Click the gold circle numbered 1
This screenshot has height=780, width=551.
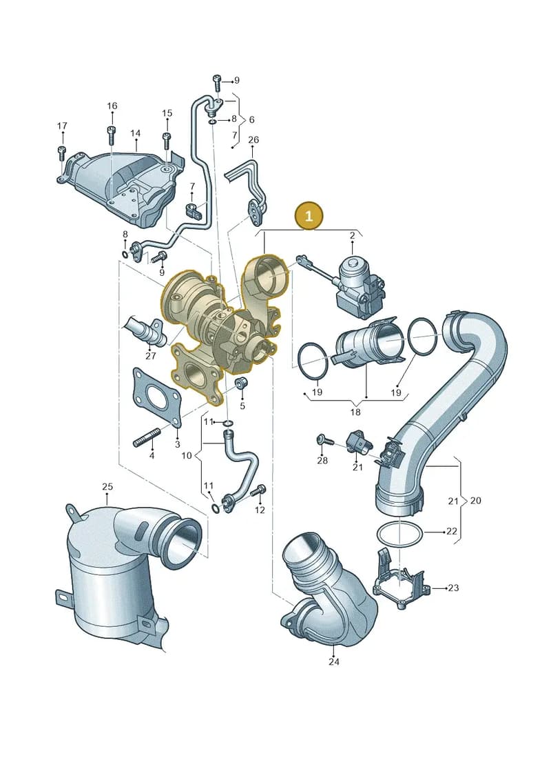[x=309, y=216]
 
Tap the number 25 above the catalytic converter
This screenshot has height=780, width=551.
[x=107, y=486]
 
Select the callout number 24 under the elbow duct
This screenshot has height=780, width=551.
[x=334, y=661]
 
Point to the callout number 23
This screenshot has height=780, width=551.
[x=453, y=588]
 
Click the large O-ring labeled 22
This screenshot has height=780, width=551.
[x=399, y=524]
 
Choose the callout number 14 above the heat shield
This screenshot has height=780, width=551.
[x=135, y=133]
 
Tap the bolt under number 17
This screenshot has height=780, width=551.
[x=61, y=152]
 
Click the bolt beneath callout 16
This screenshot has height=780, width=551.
[x=112, y=135]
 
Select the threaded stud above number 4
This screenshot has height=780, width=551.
[x=146, y=438]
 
